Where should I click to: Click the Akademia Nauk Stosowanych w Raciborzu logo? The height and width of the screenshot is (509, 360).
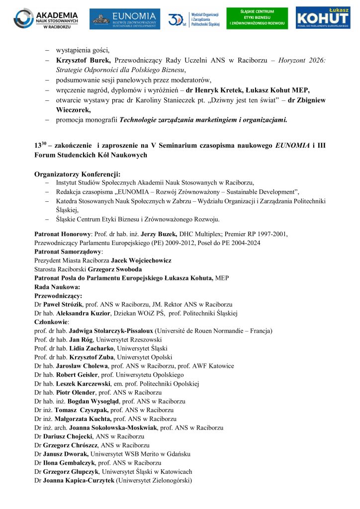point(46,19)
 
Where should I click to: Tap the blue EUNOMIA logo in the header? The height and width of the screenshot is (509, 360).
point(125,19)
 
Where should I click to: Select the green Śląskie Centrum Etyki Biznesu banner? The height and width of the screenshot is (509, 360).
point(257,18)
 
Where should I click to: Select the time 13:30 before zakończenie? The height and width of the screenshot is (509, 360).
point(40,145)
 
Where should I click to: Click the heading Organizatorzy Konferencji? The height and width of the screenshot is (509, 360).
point(77,174)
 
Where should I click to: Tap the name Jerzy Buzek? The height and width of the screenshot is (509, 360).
point(158,233)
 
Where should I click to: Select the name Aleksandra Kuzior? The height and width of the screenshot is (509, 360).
point(84,313)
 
